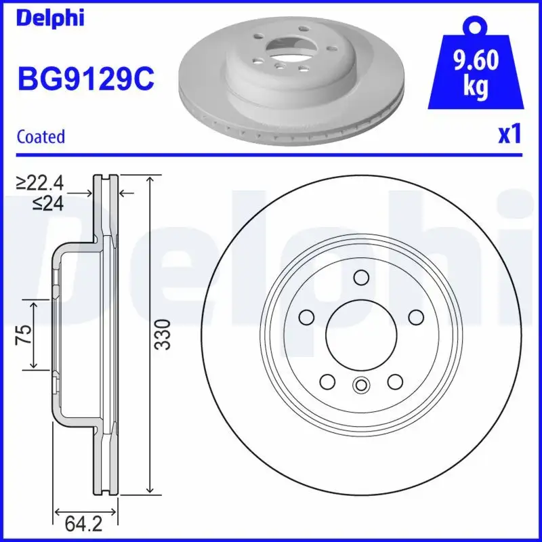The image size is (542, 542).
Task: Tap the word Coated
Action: [x=41, y=136]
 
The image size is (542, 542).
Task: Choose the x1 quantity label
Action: [x=509, y=135]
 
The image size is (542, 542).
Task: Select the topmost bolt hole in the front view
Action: [x=360, y=276]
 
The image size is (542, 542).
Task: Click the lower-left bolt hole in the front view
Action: [x=327, y=381]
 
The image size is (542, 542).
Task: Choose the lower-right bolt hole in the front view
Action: [x=394, y=381]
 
